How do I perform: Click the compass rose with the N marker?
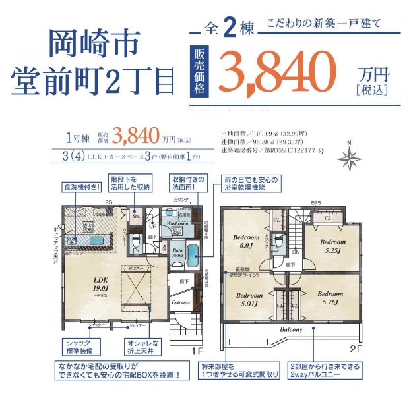tap(349, 158)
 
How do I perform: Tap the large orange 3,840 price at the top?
tap(277, 70)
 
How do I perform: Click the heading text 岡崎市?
tap(94, 43)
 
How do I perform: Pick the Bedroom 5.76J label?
tap(330, 298)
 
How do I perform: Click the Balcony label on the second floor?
tap(292, 329)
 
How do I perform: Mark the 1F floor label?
tap(196, 351)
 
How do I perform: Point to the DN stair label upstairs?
tap(296, 252)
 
